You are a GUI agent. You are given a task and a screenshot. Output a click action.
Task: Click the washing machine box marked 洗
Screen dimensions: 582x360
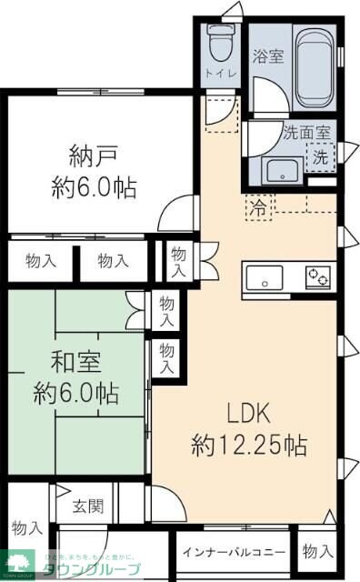tap(320, 156)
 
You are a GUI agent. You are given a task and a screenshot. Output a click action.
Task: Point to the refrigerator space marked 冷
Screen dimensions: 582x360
tap(259, 206)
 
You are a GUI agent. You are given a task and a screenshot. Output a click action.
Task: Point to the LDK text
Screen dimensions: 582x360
tap(248, 414)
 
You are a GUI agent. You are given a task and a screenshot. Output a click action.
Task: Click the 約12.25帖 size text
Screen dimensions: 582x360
tap(248, 446)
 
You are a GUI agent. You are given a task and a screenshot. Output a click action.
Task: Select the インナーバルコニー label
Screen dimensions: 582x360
tap(235, 551)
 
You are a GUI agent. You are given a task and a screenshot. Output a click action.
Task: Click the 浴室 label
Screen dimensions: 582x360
tap(269, 56)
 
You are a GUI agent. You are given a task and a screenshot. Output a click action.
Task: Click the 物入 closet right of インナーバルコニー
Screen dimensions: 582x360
tap(317, 550)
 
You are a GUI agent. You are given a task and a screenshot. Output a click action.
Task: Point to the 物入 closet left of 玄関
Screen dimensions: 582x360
tap(27, 527)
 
